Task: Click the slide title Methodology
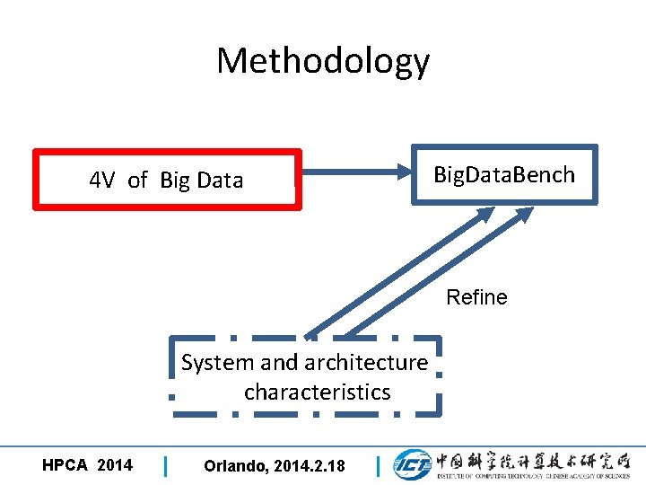coord(323,61)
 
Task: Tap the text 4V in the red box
coord(102,181)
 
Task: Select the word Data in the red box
coord(221,181)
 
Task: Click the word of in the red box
coord(137,181)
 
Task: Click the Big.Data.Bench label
coord(503,174)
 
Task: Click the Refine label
coord(476,297)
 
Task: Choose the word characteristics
coord(317,392)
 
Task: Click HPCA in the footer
coord(65,465)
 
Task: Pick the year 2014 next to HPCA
coord(114,465)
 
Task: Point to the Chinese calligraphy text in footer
coord(533,460)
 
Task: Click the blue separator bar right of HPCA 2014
coord(166,466)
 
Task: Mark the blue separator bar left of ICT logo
coord(379,466)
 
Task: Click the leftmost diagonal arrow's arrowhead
coord(485,216)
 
